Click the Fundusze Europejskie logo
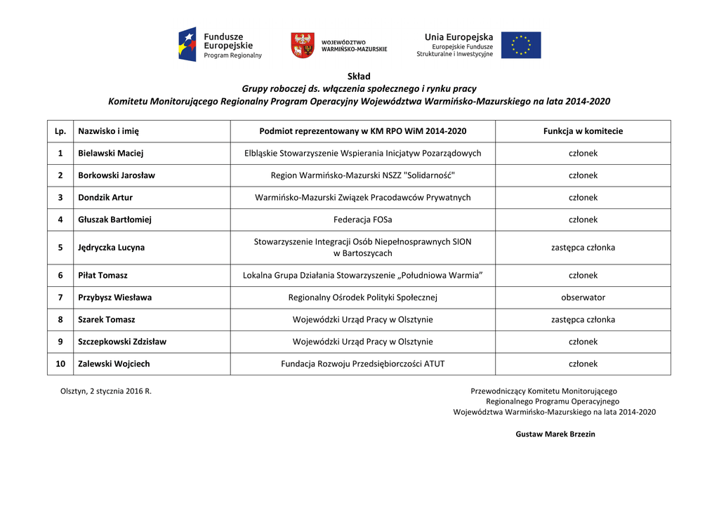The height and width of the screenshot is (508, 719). [220, 45]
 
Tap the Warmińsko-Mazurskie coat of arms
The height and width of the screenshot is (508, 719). [302, 45]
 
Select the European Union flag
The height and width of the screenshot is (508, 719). [520, 45]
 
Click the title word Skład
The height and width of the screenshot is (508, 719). [359, 76]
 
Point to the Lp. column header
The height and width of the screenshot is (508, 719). [60, 131]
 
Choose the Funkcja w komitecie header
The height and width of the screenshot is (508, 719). [583, 131]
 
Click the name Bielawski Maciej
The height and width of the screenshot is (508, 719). [110, 153]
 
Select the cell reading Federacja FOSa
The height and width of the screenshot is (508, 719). [362, 220]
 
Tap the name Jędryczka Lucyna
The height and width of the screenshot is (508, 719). [111, 248]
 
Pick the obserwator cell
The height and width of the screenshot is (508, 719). [583, 298]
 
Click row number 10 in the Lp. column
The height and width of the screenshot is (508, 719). [60, 364]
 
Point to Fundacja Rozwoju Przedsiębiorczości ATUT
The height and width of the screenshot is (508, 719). [362, 364]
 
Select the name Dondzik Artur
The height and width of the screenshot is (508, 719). [105, 198]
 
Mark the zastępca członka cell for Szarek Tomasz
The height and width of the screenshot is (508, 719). [583, 320]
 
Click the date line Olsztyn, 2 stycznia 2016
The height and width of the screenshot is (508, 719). [106, 392]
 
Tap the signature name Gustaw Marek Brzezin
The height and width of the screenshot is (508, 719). [555, 434]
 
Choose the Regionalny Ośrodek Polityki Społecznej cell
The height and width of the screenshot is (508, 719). [362, 298]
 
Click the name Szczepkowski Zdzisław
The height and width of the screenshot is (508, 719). [122, 342]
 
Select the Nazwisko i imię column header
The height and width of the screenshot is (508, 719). [108, 131]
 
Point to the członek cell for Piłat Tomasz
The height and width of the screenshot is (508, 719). [583, 276]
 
